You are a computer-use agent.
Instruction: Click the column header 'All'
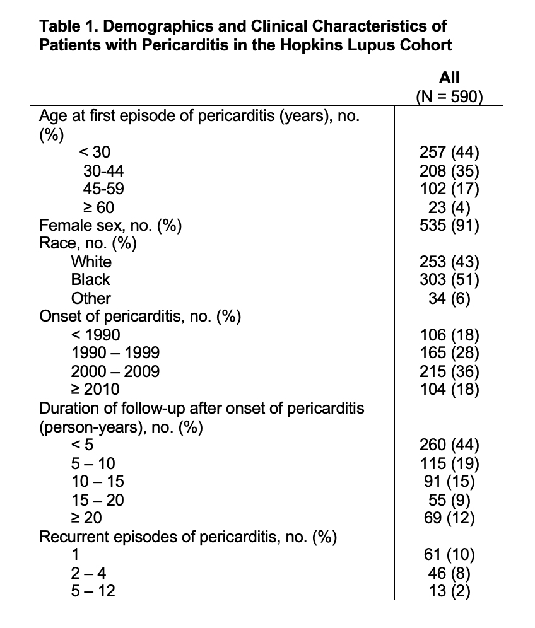pyautogui.click(x=449, y=78)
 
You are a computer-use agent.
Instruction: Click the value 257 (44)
pyautogui.click(x=449, y=151)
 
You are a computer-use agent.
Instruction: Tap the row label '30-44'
pyautogui.click(x=103, y=170)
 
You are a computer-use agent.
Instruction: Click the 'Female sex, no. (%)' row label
pyautogui.click(x=111, y=225)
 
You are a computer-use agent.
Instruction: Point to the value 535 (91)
pyautogui.click(x=449, y=225)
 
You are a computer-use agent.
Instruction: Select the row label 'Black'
pyautogui.click(x=90, y=279)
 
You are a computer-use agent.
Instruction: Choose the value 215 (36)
pyautogui.click(x=449, y=371)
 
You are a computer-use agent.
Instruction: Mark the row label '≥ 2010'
pyautogui.click(x=94, y=390)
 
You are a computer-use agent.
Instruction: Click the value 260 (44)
pyautogui.click(x=449, y=445)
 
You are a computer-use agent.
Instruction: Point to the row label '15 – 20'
pyautogui.click(x=97, y=500)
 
